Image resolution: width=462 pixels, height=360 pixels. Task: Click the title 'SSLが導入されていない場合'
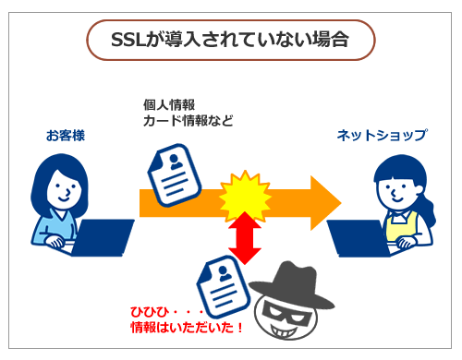click(x=230, y=40)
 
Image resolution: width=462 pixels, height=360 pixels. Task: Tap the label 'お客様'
click(x=66, y=136)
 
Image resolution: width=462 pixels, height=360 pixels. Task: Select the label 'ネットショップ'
click(x=382, y=136)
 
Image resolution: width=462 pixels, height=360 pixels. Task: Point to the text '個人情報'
click(x=169, y=105)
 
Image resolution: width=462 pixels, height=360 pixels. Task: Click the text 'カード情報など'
click(x=188, y=121)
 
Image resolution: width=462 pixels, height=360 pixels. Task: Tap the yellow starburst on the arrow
click(x=245, y=196)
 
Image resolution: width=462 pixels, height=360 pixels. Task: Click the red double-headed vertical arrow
click(x=245, y=238)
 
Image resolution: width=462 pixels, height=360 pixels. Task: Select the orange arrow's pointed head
click(x=325, y=203)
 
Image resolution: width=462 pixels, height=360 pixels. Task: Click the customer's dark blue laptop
click(x=102, y=237)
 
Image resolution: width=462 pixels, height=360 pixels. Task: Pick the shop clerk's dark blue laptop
click(x=359, y=238)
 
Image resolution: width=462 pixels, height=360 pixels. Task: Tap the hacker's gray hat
click(x=291, y=284)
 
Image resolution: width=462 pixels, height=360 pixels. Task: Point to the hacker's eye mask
click(x=286, y=313)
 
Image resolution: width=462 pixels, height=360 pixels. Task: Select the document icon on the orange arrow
click(x=175, y=174)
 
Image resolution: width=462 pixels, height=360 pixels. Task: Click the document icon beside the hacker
click(x=224, y=286)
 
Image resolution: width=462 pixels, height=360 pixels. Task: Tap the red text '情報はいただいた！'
click(x=187, y=327)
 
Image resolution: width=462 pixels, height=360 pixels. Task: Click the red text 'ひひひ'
click(x=150, y=312)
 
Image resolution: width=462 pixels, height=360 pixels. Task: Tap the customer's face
click(x=64, y=189)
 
